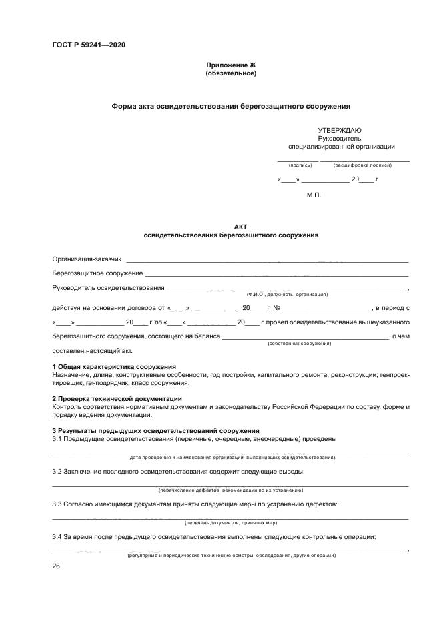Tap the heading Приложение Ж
231,65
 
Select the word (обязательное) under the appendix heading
231,73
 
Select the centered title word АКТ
231,227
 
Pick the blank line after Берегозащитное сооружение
276,274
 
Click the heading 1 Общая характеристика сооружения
114,367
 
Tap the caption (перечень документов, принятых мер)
231,523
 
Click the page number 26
56,566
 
